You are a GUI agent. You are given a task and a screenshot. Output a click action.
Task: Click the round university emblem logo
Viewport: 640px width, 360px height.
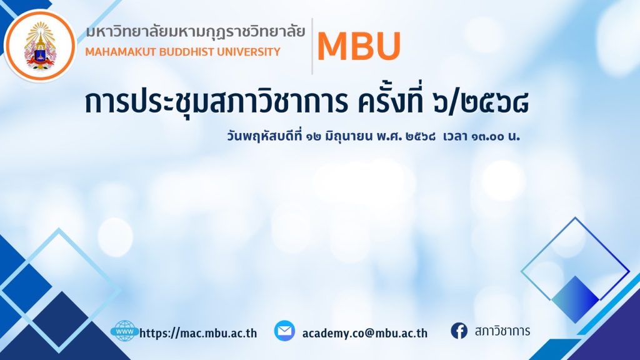point(40,46)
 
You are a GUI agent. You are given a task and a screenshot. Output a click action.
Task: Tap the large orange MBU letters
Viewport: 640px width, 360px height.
point(359,46)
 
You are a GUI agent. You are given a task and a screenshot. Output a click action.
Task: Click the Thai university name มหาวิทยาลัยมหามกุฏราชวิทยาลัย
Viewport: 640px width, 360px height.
point(196,32)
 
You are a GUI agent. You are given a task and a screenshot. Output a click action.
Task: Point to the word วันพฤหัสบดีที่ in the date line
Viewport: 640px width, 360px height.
point(265,136)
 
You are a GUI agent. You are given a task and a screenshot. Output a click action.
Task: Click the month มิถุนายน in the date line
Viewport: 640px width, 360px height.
point(349,136)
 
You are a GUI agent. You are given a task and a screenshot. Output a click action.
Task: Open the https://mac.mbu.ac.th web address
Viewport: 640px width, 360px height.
point(198,333)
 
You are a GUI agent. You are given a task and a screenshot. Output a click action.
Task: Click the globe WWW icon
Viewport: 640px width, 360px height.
point(124,331)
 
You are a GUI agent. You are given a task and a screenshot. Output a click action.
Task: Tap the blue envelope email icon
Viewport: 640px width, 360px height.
point(284,331)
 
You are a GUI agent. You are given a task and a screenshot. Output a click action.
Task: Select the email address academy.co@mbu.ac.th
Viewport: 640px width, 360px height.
point(365,333)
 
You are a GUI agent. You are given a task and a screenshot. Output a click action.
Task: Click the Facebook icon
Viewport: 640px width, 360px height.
point(459,331)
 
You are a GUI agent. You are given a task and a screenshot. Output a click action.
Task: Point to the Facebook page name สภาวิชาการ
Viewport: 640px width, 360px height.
point(502,331)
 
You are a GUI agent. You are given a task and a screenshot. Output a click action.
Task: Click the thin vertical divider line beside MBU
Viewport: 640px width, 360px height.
point(312,46)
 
